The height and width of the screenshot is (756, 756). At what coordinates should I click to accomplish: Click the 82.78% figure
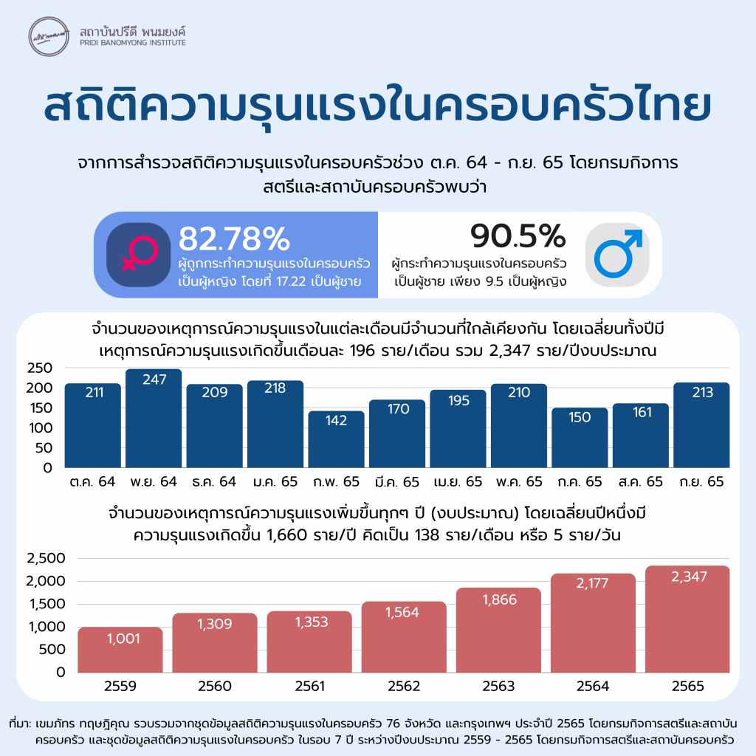tap(234, 238)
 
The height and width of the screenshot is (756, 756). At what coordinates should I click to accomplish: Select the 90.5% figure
tap(518, 236)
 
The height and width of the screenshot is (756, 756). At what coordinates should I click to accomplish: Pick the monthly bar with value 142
tap(336, 439)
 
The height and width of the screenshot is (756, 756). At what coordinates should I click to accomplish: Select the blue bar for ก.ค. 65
tap(580, 437)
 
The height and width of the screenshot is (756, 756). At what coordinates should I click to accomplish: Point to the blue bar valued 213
tap(701, 425)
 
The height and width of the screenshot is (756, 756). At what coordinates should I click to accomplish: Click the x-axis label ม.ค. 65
tap(275, 482)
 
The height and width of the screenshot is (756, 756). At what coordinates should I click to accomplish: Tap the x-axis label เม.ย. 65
tap(457, 482)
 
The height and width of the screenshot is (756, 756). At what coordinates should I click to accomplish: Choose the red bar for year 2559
tap(120, 650)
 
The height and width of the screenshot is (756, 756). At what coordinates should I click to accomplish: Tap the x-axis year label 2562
tap(404, 687)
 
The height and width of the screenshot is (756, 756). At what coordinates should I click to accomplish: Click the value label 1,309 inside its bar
tap(215, 624)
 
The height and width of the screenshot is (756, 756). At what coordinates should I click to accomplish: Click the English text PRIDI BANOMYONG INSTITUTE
tap(132, 43)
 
